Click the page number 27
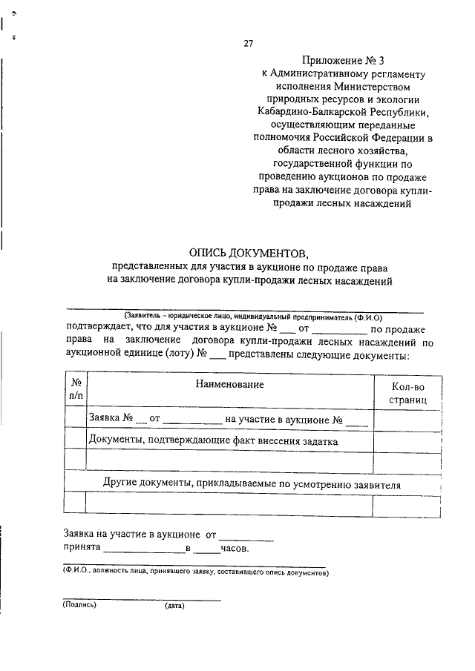tap(249, 43)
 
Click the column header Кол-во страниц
tap(407, 393)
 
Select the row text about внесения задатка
tap(213, 440)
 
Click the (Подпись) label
tap(80, 604)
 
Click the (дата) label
tap(174, 605)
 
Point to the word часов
tap(235, 549)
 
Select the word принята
tap(82, 549)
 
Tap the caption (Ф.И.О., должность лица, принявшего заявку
tap(194, 572)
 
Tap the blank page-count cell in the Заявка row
tap(407, 420)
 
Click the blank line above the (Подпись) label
tap(141, 598)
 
